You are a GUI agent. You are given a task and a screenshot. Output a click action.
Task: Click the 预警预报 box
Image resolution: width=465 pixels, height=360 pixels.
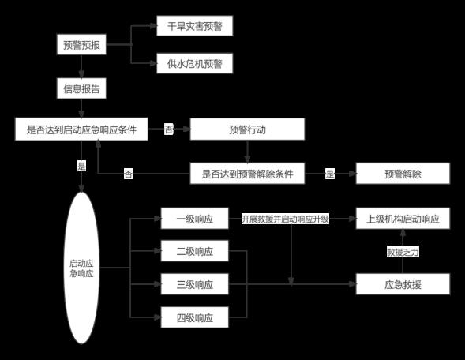pos(81,44)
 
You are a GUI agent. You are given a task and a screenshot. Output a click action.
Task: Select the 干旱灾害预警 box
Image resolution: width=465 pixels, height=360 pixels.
pos(194,26)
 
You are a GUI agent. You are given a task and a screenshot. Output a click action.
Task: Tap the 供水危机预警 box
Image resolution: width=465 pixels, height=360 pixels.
pos(194,63)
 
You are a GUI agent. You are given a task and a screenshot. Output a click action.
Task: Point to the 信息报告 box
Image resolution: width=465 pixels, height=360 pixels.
pos(81,88)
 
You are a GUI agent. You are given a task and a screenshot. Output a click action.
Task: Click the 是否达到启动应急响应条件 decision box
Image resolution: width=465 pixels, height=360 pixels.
pos(81,129)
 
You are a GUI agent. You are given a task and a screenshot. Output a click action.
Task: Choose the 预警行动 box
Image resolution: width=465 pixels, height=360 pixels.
pos(247,129)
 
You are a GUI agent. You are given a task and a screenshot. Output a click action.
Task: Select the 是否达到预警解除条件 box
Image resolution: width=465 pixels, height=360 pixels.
pos(247,174)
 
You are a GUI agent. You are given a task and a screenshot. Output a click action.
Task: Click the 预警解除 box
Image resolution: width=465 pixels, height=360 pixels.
pos(403,174)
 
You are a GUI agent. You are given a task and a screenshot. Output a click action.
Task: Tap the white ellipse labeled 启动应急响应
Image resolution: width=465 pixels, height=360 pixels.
pos(81,268)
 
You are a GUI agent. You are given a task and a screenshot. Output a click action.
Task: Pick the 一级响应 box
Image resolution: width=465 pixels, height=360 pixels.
pos(194,219)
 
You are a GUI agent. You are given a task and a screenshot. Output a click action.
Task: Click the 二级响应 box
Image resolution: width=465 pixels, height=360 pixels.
pos(194,251)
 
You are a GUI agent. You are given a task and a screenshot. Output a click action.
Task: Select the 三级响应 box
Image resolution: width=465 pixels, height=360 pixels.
pos(194,284)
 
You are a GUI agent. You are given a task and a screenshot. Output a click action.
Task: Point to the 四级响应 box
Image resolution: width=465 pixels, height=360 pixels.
pos(194,317)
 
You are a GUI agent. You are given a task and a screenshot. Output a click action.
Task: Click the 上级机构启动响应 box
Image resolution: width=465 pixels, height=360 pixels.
pos(403,219)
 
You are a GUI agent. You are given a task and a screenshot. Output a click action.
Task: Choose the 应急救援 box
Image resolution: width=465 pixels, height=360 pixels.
pos(403,284)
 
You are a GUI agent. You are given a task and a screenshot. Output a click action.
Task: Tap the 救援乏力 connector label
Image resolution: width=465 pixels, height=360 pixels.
pos(403,252)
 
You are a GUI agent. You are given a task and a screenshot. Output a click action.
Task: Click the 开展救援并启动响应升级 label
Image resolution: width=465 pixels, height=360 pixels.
pos(285,219)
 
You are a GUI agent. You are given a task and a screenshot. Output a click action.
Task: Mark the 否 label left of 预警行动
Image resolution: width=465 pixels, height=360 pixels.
pos(169,129)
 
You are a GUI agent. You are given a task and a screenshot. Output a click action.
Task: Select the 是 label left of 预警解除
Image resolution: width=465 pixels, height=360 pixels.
pos(330,174)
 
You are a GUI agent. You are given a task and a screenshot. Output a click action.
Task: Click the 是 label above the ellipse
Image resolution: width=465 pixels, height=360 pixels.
pos(81,166)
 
